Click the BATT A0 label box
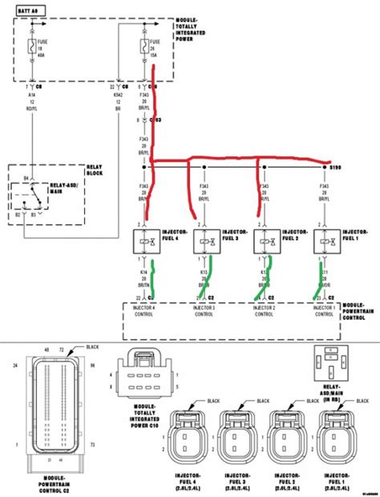[26, 11]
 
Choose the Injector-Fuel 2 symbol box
[266, 240]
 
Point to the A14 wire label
[31, 93]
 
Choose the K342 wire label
[118, 93]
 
